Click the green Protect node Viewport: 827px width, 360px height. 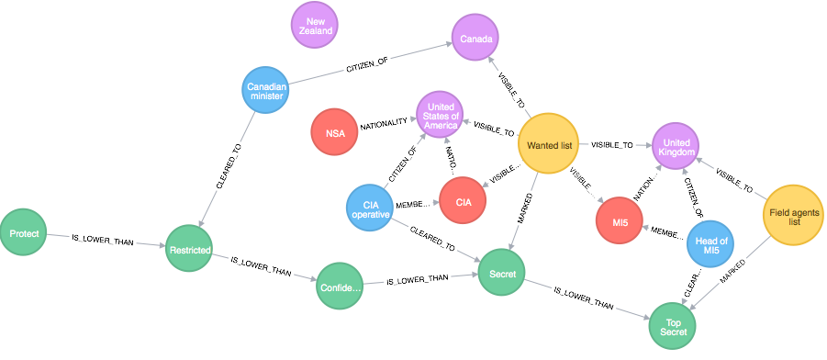25,234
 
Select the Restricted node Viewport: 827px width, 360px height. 190,250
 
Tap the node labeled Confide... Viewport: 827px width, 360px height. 341,287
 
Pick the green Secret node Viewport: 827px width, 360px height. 502,273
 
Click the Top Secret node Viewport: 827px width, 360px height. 673,325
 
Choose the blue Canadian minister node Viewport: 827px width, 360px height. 267,93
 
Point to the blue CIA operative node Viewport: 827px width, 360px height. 370,208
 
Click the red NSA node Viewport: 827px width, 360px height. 335,133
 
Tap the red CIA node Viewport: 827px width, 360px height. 464,201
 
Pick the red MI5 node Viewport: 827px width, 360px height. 620,221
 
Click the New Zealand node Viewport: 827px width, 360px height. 317,26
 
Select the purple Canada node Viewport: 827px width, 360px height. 475,39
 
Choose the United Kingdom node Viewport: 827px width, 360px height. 676,147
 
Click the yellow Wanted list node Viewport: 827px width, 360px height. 549,144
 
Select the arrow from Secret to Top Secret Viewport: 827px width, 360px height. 587,299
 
